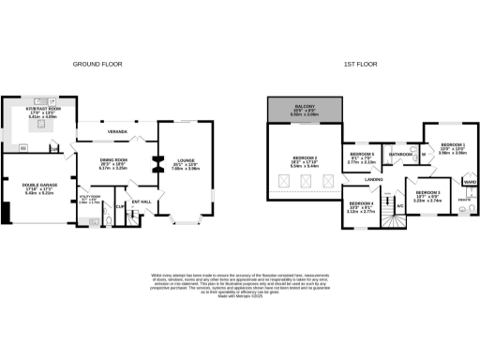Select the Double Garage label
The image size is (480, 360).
point(37,186)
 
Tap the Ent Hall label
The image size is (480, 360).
point(142,201)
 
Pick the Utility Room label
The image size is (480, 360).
point(91,198)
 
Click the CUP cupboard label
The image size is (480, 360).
point(120,206)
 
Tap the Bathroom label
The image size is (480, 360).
point(402,153)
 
